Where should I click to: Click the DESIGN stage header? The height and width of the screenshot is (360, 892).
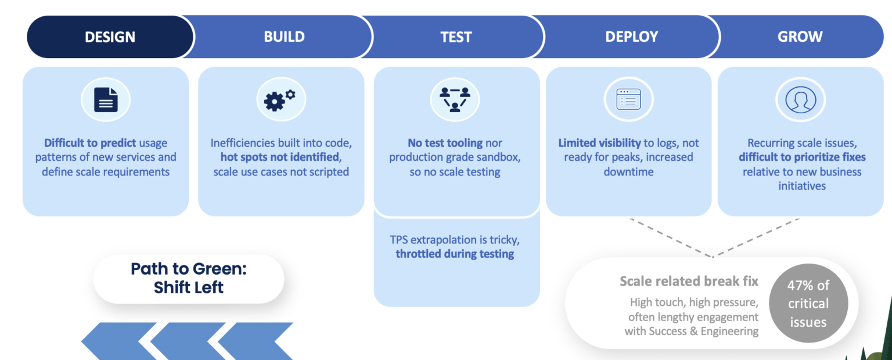pyautogui.click(x=110, y=37)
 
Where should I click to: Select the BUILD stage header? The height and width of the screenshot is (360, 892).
pyautogui.click(x=284, y=37)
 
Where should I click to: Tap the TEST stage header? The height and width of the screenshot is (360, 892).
pyautogui.click(x=456, y=37)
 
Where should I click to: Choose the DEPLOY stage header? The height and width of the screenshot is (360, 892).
pyautogui.click(x=631, y=37)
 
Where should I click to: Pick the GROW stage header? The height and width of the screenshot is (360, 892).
pyautogui.click(x=800, y=37)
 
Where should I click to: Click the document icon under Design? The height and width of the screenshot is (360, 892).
pyautogui.click(x=106, y=99)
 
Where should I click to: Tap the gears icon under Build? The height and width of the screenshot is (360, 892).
pyautogui.click(x=280, y=100)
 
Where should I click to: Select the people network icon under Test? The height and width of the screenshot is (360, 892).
pyautogui.click(x=455, y=99)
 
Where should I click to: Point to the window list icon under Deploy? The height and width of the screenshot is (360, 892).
pyautogui.click(x=629, y=99)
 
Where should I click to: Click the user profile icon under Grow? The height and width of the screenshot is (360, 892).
pyautogui.click(x=800, y=99)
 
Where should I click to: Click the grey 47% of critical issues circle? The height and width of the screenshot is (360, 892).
pyautogui.click(x=808, y=303)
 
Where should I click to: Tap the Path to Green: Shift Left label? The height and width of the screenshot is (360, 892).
pyautogui.click(x=189, y=278)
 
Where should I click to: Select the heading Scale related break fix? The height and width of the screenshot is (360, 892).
pyautogui.click(x=689, y=282)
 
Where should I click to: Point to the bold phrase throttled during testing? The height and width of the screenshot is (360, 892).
pyautogui.click(x=455, y=254)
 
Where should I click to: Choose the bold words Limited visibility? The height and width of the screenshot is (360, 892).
pyautogui.click(x=599, y=143)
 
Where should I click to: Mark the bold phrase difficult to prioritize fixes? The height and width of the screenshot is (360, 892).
pyautogui.click(x=802, y=157)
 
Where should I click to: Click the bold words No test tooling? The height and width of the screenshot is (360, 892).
pyautogui.click(x=445, y=143)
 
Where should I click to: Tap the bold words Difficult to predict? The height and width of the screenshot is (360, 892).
pyautogui.click(x=90, y=143)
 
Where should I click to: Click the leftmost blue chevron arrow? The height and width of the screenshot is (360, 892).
pyautogui.click(x=116, y=341)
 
